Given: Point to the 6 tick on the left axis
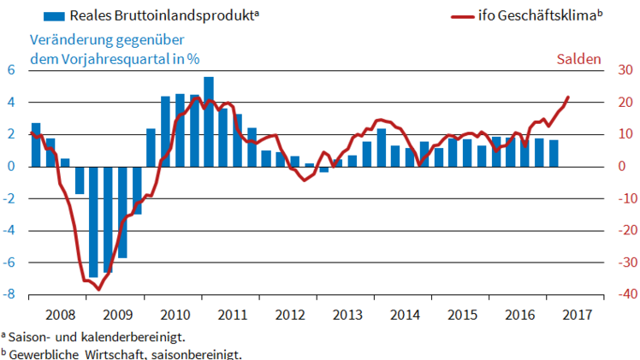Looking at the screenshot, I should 12,70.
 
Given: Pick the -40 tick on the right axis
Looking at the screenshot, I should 613,295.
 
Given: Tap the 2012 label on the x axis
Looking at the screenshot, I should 289,313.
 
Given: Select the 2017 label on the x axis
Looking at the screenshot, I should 578,313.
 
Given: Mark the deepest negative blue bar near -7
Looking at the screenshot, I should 93,221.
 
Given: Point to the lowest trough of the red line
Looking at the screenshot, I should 98,289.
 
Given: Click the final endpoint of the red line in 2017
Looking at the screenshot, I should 568,97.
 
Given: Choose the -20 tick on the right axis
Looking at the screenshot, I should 613,231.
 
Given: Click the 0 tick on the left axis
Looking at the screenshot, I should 12,167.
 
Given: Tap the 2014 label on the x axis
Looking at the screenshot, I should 406,313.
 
